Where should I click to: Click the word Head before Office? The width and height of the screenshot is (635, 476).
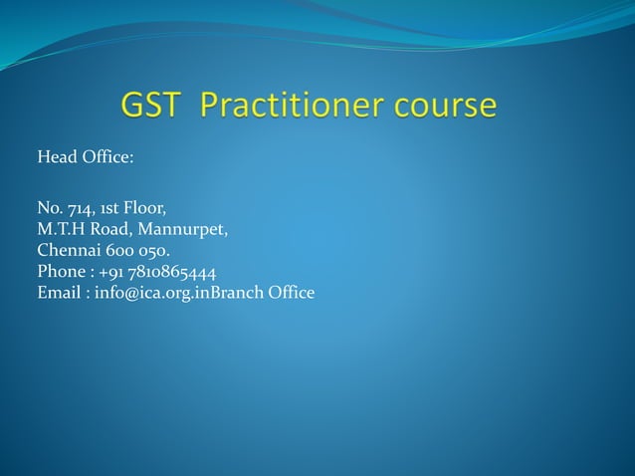click(x=56, y=157)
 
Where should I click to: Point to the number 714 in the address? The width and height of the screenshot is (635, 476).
click(x=81, y=209)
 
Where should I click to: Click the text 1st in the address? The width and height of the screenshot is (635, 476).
click(x=109, y=209)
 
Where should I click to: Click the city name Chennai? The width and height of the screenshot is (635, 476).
click(x=68, y=251)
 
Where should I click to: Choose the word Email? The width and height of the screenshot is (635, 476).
click(x=58, y=293)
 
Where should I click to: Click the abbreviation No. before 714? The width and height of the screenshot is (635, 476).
click(x=50, y=209)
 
